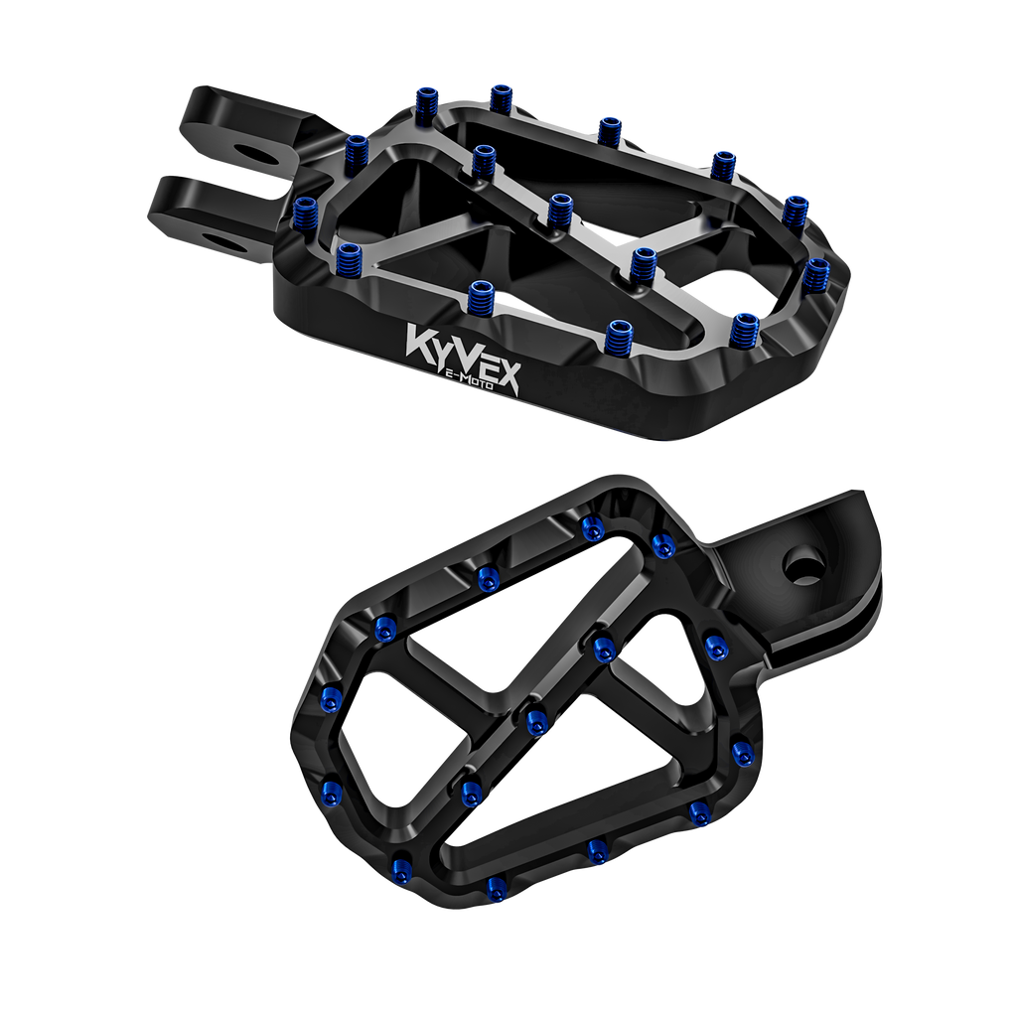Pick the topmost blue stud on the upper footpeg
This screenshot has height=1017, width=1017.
[500, 98]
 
